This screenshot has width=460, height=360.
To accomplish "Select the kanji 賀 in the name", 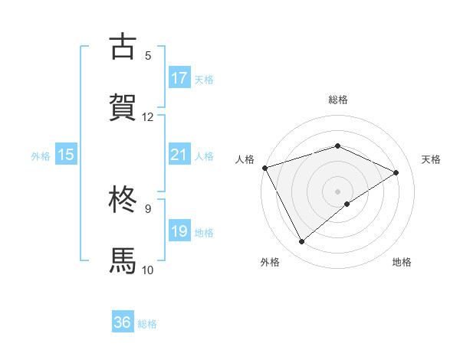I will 123,107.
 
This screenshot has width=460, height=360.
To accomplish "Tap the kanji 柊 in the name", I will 123,199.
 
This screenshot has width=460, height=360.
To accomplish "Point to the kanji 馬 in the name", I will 123,260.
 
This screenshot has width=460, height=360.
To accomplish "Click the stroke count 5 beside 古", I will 148,55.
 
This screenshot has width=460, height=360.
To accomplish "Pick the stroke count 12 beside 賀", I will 147,116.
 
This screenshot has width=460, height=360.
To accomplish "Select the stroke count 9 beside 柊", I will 148,208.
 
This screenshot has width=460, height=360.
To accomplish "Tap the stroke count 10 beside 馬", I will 147,269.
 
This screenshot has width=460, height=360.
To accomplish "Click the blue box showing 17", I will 179,78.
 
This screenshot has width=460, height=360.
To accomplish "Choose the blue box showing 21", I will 179,155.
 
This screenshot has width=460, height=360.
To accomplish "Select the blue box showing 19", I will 179,231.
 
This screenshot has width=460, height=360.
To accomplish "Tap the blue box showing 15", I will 66,155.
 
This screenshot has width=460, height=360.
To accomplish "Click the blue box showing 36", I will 123,323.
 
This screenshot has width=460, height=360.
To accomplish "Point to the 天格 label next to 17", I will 204,80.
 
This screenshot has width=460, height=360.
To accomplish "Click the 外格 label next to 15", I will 41,156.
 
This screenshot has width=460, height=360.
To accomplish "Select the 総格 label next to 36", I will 147,325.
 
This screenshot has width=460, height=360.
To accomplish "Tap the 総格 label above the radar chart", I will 338,100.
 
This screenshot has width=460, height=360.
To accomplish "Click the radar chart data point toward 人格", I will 264,167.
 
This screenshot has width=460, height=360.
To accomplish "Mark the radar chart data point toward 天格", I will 396,172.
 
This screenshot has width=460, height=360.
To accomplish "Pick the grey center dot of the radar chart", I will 338,191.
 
